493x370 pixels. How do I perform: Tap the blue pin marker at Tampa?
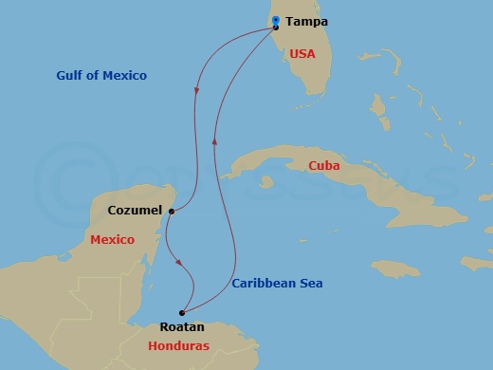tap(275, 20)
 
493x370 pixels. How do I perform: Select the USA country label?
tap(302, 54)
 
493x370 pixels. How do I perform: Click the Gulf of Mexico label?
tap(101, 75)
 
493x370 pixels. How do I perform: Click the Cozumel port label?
tap(135, 210)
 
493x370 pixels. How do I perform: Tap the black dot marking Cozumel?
tap(171, 212)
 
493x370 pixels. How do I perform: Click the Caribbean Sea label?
tap(278, 283)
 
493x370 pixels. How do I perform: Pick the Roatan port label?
tap(182, 327)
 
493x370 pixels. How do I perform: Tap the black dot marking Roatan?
tap(181, 312)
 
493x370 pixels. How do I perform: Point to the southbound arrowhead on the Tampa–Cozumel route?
tap(196, 91)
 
